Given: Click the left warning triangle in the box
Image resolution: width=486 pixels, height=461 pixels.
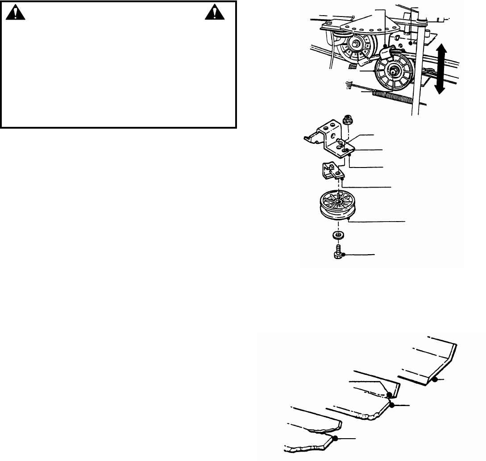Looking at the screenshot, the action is coord(16,14).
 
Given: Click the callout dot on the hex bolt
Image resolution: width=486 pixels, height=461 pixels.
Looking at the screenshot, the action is coord(343,255).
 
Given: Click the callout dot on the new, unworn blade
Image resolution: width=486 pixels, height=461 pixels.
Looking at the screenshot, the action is coord(434,380).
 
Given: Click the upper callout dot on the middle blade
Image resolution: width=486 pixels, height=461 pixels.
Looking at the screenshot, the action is coord(389,394).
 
